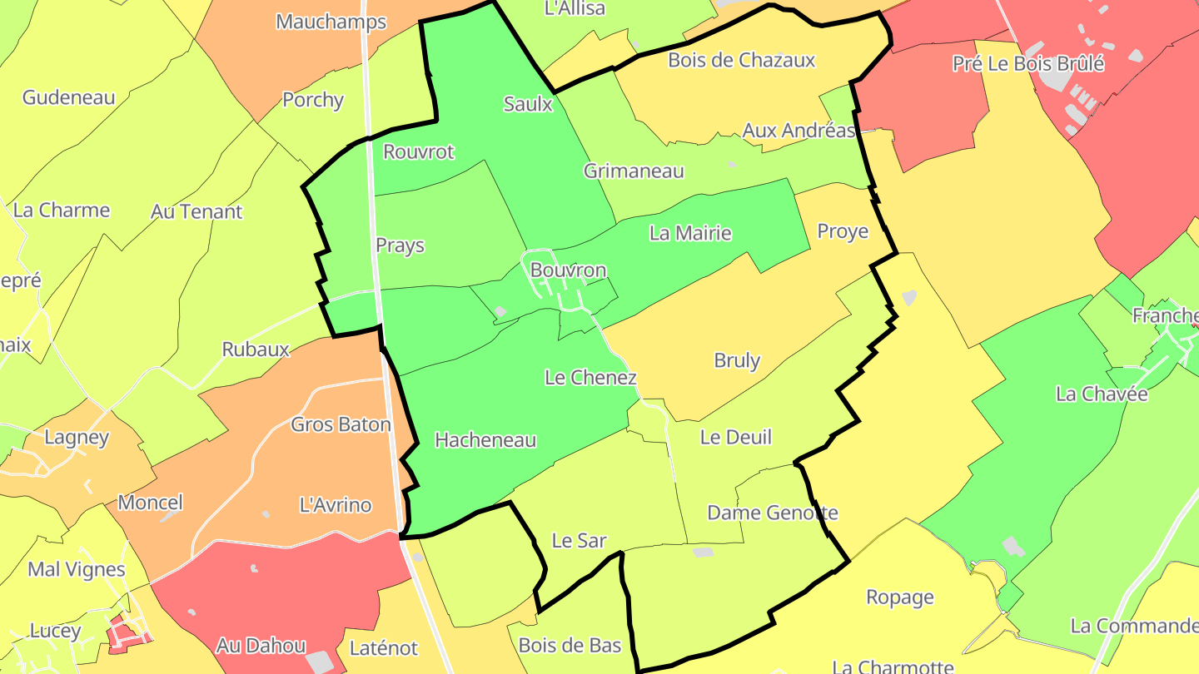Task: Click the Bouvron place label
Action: [x=568, y=270]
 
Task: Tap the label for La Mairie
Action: [x=690, y=233]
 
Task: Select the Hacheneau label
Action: [x=485, y=440]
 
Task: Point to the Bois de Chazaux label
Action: [x=741, y=60]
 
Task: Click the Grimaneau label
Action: [x=634, y=171]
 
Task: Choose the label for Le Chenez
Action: [x=590, y=378]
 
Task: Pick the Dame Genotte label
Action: [x=772, y=513]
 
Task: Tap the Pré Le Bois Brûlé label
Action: [x=1027, y=63]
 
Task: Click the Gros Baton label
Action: [x=341, y=424]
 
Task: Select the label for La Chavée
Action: [x=1102, y=394]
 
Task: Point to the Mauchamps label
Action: [x=331, y=22]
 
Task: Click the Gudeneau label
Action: [x=68, y=97]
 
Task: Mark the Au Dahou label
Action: [x=261, y=645]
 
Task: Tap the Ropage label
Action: [x=900, y=597]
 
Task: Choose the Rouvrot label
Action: [x=418, y=151]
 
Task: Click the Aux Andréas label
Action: [x=799, y=131]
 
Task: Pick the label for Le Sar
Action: [x=579, y=541]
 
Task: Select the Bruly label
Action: [x=737, y=360]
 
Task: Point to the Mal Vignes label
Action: [x=77, y=570]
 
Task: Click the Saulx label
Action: [x=528, y=104]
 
